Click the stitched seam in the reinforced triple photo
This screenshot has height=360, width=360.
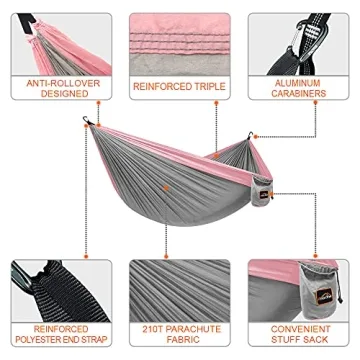coord(180,45)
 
